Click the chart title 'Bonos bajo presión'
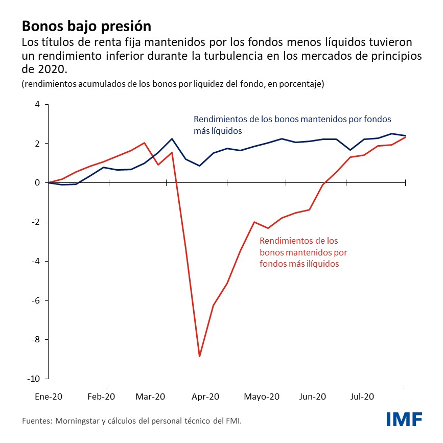pyautogui.click(x=86, y=25)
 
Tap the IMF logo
pyautogui.click(x=404, y=419)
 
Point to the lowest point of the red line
pyautogui.click(x=200, y=356)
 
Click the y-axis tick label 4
pyautogui.click(x=37, y=105)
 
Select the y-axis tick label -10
pyautogui.click(x=33, y=379)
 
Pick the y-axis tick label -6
pyautogui.click(x=35, y=300)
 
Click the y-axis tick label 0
pyautogui.click(x=37, y=183)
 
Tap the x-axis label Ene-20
pyautogui.click(x=48, y=397)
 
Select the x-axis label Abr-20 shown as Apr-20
pyautogui.click(x=206, y=397)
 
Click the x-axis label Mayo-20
pyautogui.click(x=262, y=397)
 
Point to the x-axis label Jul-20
pyautogui.click(x=364, y=397)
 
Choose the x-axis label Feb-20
pyautogui.click(x=102, y=397)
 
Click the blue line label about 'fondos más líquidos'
pyautogui.click(x=292, y=125)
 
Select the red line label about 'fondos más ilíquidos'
pyautogui.click(x=299, y=252)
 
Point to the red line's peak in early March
pyautogui.click(x=145, y=143)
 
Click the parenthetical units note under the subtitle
pyautogui.click(x=173, y=84)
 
